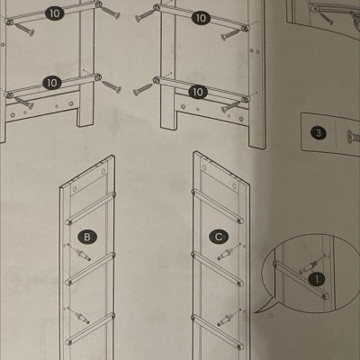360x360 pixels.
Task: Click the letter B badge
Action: coord(87,237)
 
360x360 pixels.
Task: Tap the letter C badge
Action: coord(219,237)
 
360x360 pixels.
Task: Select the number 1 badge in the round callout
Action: coord(317,279)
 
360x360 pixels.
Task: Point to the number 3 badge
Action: coord(319,132)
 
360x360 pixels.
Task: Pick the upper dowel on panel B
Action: coord(83,255)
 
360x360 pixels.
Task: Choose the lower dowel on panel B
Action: coord(82,318)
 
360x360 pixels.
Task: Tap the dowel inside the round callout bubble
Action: coord(308,266)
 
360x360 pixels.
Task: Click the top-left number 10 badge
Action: coord(55,13)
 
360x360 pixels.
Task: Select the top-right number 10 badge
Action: coord(201,18)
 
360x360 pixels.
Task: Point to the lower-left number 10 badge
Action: coord(52,83)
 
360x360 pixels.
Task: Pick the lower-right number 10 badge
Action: coord(198,92)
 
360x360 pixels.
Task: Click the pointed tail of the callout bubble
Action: coord(255,312)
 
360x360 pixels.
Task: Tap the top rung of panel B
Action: coord(91,209)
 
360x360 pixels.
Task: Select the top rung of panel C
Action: coord(218,206)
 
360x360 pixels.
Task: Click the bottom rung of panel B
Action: coord(90,329)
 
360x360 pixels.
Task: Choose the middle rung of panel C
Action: coord(218,269)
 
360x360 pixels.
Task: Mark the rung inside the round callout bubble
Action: coord(301,280)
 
